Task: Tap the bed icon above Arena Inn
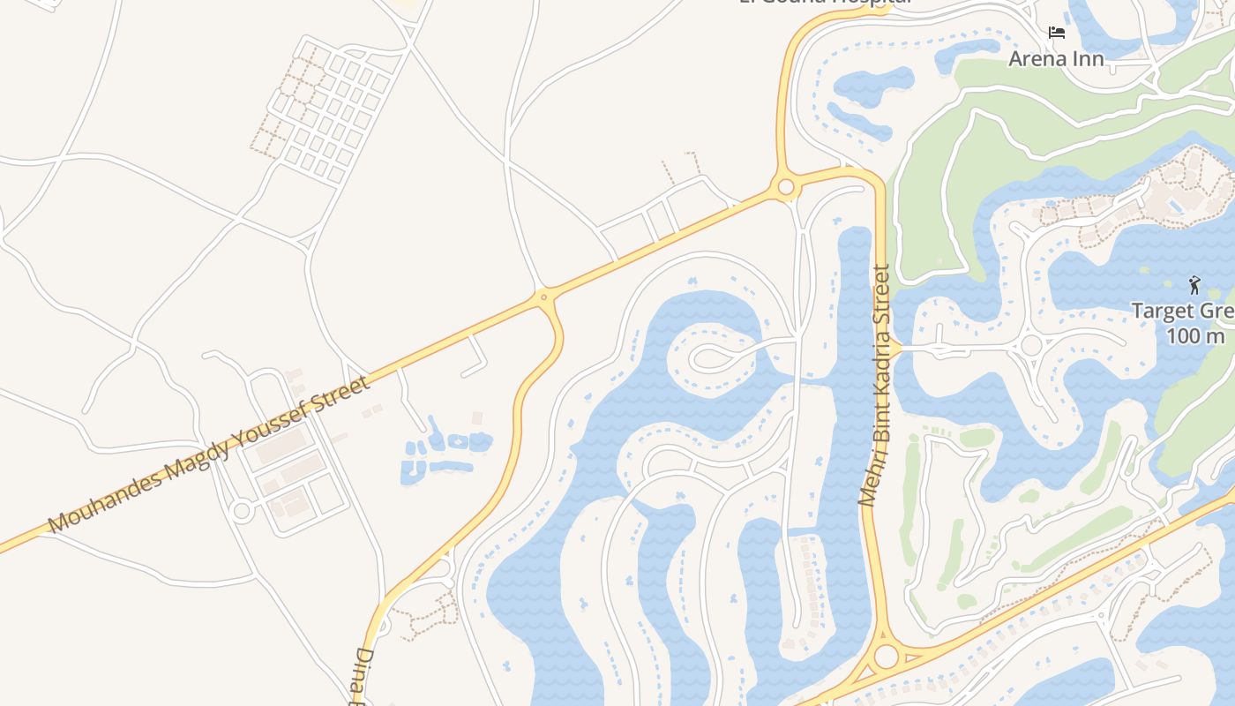point(1056,34)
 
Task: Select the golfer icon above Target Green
point(1194,285)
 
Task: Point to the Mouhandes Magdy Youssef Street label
point(209,454)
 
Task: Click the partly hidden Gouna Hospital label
point(825,3)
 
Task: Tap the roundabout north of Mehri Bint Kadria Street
point(785,187)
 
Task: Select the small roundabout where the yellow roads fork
point(544,297)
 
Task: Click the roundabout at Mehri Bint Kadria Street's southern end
point(886,657)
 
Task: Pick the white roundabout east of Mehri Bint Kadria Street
point(1030,345)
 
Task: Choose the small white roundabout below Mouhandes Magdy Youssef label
point(242,510)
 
